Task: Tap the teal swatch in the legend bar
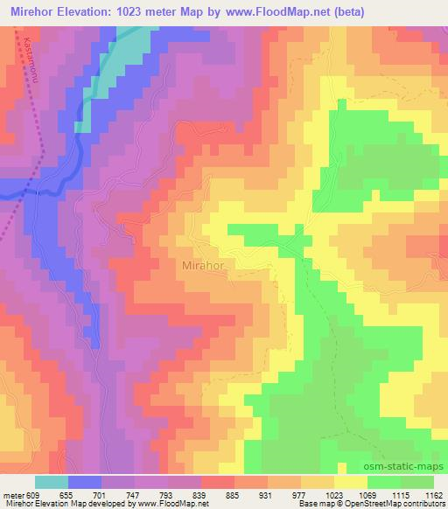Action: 52,482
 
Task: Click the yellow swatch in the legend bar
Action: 350,482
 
